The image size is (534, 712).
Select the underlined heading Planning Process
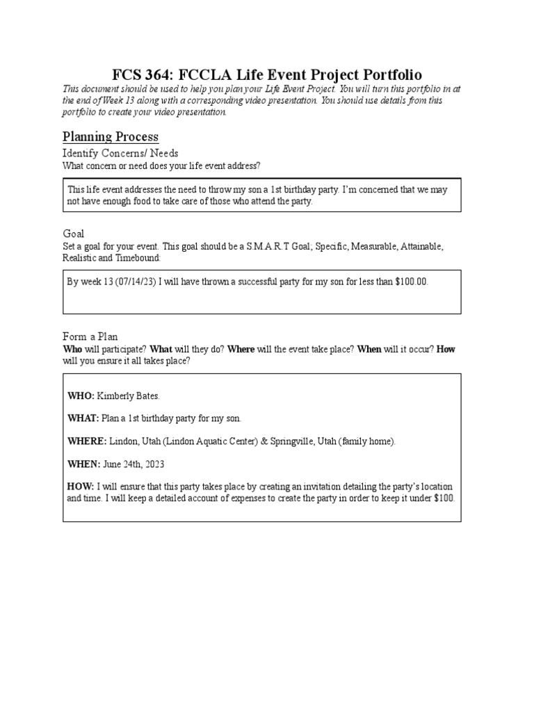click(x=111, y=136)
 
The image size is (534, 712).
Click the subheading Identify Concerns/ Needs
click(x=120, y=153)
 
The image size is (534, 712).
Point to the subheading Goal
click(x=73, y=234)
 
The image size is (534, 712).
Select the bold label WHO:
click(x=81, y=396)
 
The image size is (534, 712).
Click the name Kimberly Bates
click(x=129, y=396)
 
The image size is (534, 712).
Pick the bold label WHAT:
click(x=83, y=419)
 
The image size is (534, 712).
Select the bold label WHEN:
click(x=84, y=464)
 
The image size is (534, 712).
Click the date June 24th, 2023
click(x=133, y=464)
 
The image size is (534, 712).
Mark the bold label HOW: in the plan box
click(x=81, y=487)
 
